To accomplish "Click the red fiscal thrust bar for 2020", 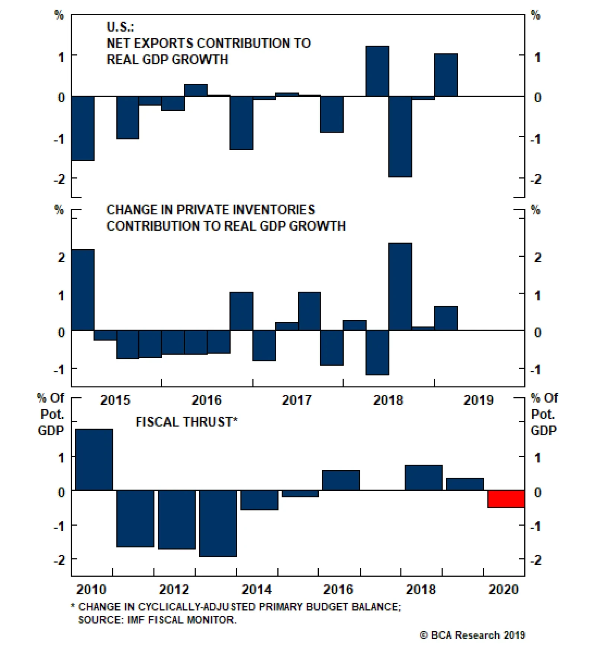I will pos(506,499).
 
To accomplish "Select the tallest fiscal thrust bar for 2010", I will pos(94,459).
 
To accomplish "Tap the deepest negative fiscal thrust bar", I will pos(218,523).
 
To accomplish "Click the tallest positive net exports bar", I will pos(377,71).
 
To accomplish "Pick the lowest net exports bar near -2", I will pos(400,136).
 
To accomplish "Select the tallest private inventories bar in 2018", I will pos(400,286).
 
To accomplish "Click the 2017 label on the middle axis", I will pos(296,400).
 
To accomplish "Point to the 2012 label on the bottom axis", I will pos(174,590).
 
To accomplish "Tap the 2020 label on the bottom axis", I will pos(503,590).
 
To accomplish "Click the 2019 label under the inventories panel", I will pos(478,400).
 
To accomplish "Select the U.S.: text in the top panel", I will pos(120,27).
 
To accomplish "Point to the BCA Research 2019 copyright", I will pos(472,635).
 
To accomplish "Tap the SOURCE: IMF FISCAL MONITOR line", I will pos(157,620).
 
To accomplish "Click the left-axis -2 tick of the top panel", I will pos(59,179).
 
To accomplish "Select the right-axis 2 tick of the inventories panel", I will pos(537,257).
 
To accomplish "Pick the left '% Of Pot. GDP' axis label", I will pos(51,414).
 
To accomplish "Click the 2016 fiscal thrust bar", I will pos(341,480).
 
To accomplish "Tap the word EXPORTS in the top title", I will pos(163,43).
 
